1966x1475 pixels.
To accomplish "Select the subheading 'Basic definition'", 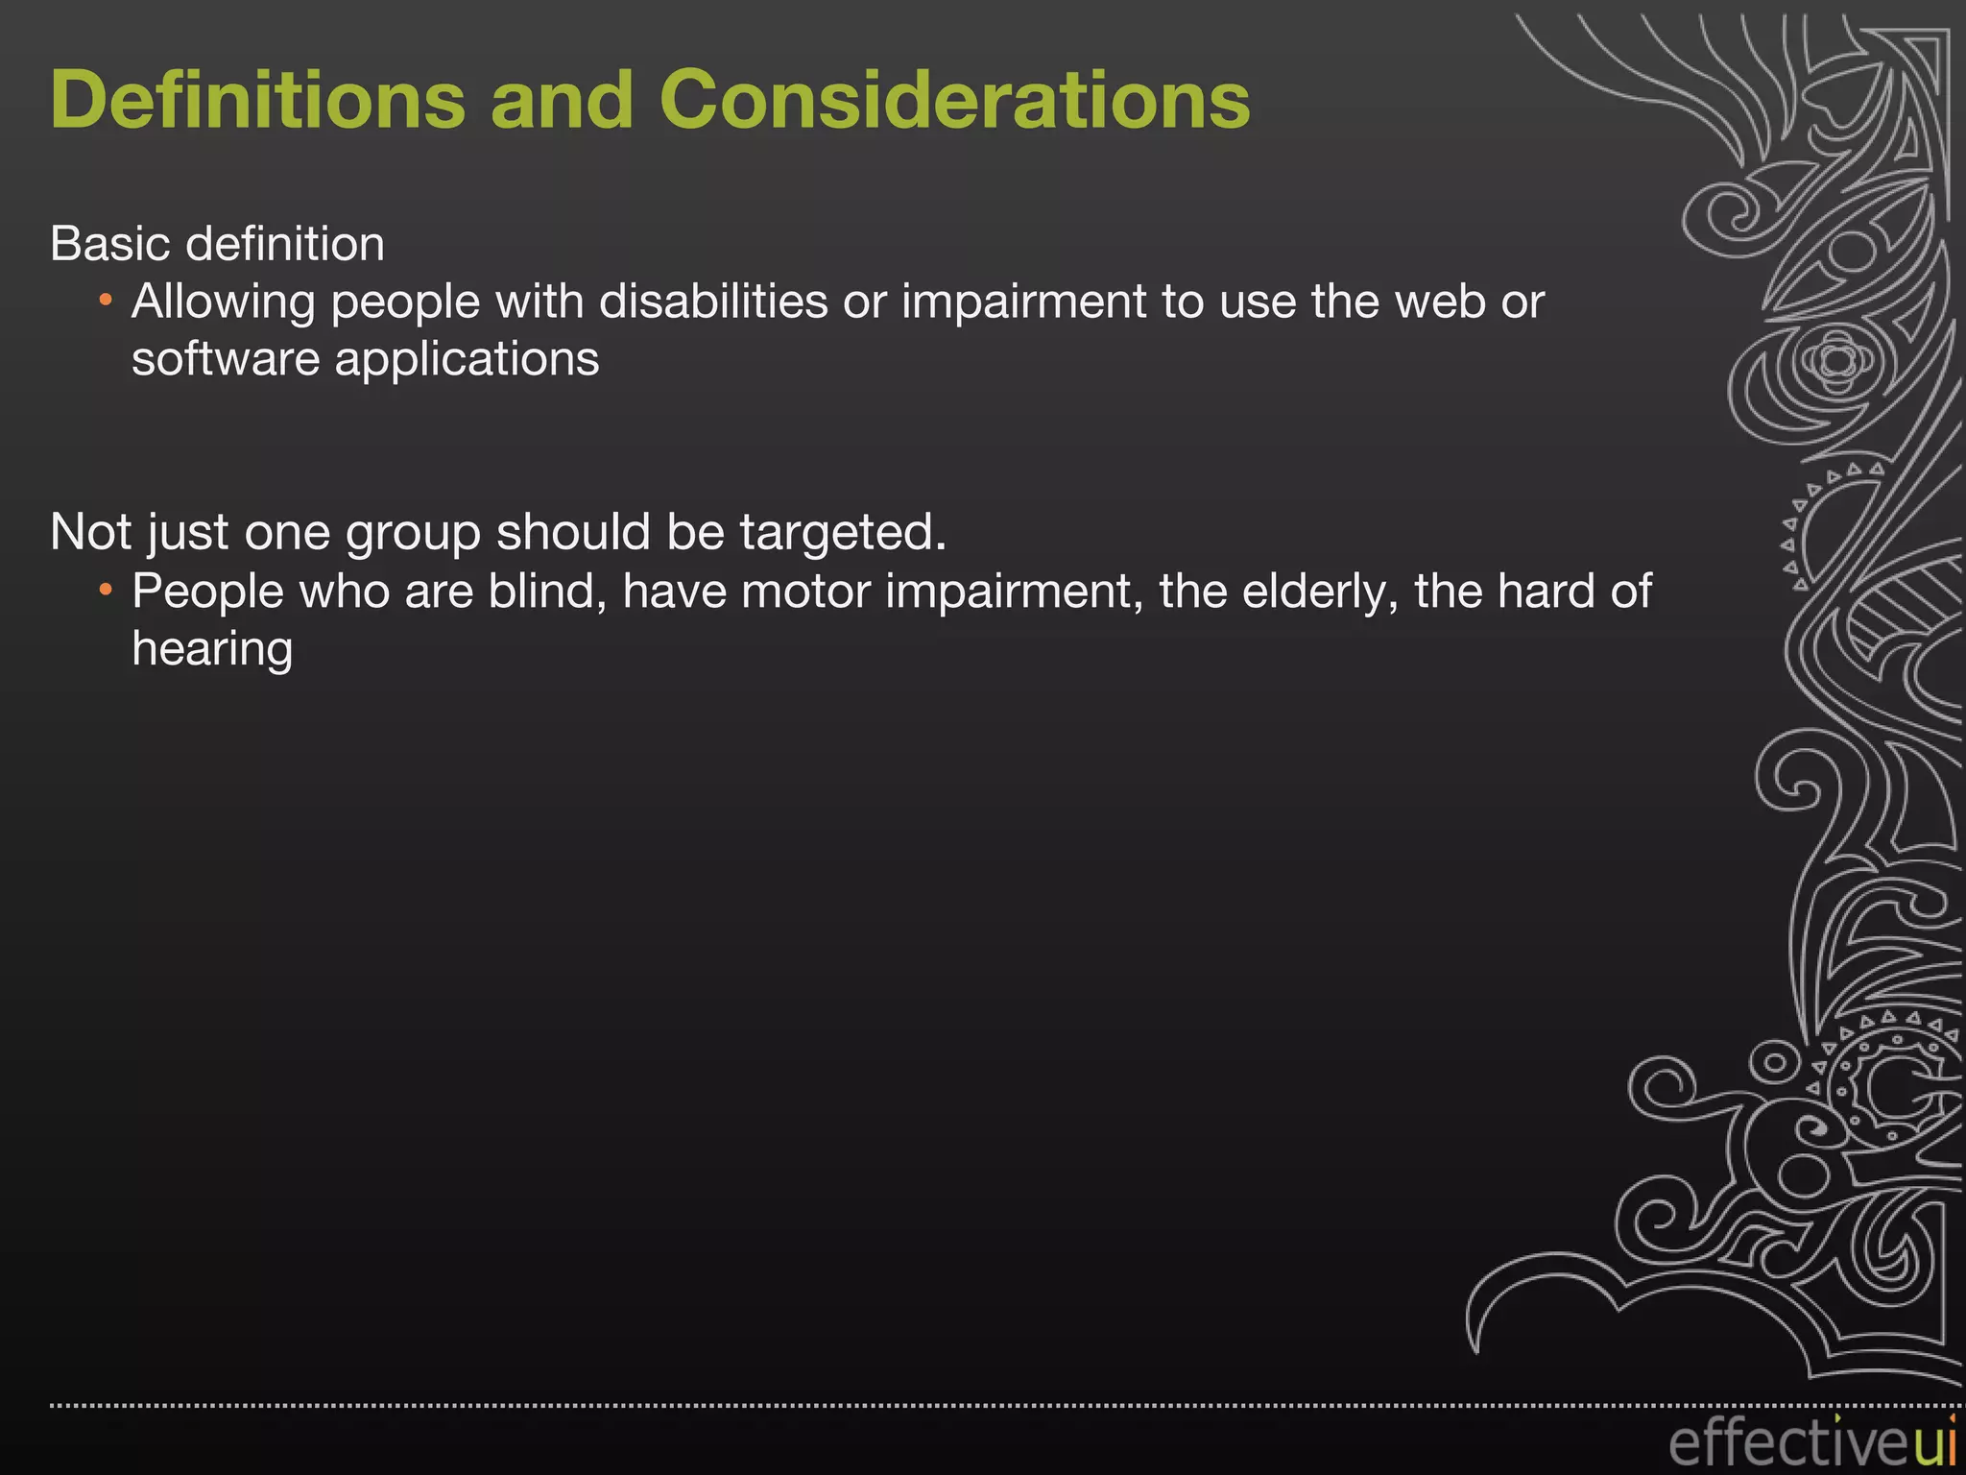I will pyautogui.click(x=217, y=244).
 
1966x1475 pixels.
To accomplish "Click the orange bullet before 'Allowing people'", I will pyautogui.click(x=106, y=302).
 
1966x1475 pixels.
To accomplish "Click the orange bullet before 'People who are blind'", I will pyautogui.click(x=106, y=589).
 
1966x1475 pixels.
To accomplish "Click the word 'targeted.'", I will pyautogui.click(x=843, y=533).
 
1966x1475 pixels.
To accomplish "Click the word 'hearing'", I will pyautogui.click(x=212, y=650).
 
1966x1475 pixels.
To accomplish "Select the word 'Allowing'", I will pyautogui.click(x=224, y=303).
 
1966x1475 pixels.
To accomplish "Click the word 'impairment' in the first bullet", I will pyautogui.click(x=1022, y=303).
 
